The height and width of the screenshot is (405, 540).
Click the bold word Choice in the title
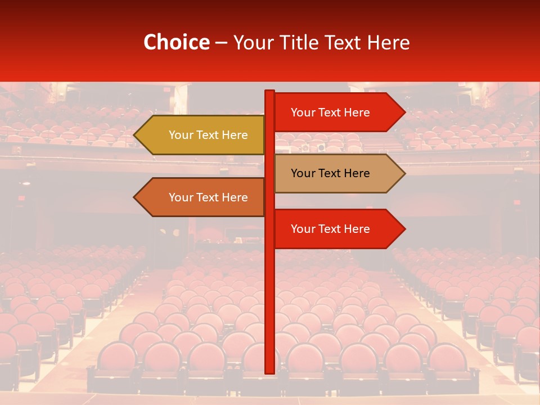tap(176, 42)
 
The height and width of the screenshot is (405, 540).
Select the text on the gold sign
tap(208, 135)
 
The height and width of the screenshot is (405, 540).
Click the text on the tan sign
tap(330, 173)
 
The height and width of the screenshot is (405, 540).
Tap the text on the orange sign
tap(208, 197)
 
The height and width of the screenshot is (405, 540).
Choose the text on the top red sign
tap(330, 112)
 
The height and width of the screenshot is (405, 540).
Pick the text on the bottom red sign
tap(330, 229)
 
